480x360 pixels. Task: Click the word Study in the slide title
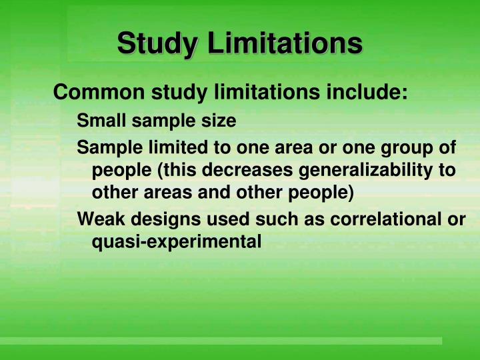(157, 45)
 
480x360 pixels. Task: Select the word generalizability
(365, 171)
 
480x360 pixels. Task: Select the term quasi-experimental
(176, 241)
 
